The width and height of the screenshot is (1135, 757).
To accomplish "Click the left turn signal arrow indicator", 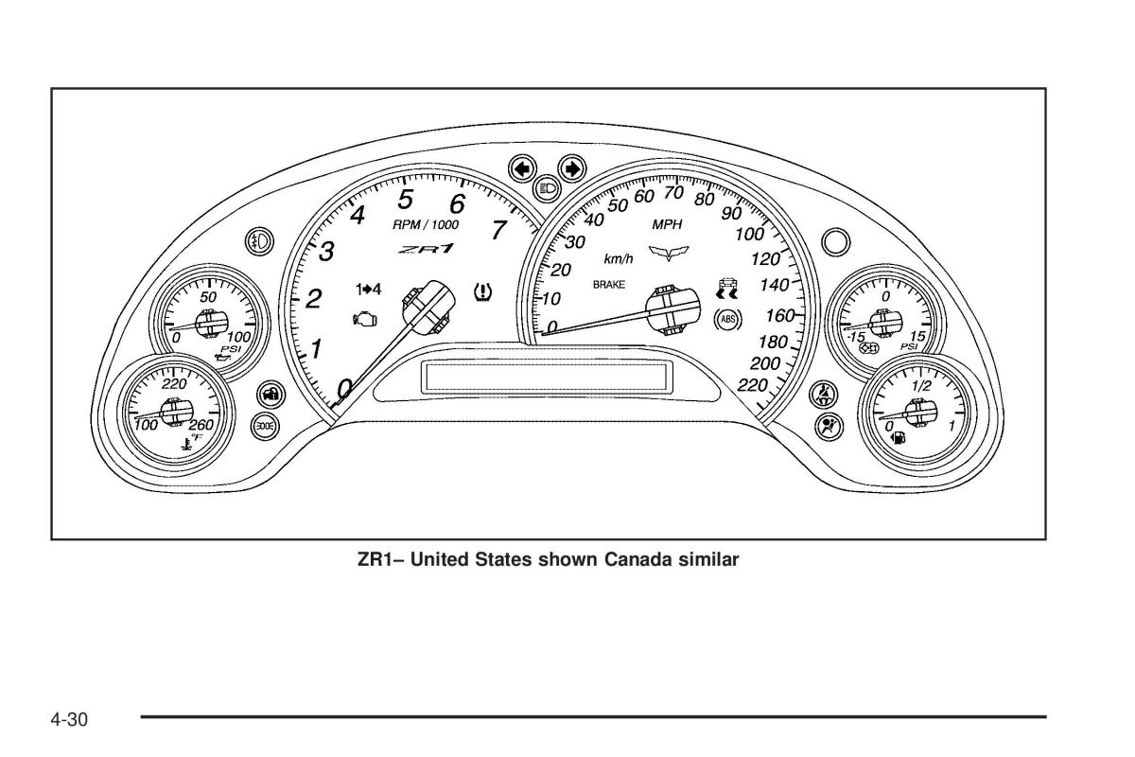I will pyautogui.click(x=521, y=169).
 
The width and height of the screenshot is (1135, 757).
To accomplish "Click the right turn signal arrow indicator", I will pyautogui.click(x=571, y=169).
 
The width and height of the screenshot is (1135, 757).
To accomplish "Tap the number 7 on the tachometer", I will pyautogui.click(x=499, y=230).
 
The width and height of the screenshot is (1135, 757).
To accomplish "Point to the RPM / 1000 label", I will pyautogui.click(x=426, y=225).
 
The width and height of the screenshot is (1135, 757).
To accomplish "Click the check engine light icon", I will pyautogui.click(x=364, y=320).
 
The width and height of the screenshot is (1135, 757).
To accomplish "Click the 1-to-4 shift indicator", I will pyautogui.click(x=369, y=288).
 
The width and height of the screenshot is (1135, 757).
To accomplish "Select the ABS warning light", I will pyautogui.click(x=727, y=320).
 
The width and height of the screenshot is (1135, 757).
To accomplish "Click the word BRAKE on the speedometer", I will pyautogui.click(x=609, y=284).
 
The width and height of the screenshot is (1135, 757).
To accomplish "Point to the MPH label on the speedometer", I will pyautogui.click(x=667, y=224).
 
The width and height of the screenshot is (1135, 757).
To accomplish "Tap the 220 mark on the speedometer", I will pyautogui.click(x=753, y=384).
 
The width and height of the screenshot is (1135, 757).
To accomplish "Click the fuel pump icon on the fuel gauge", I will pyautogui.click(x=898, y=437).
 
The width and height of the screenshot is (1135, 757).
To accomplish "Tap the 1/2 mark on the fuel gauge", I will pyautogui.click(x=920, y=386).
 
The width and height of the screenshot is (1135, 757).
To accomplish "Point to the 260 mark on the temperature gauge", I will pyautogui.click(x=201, y=425).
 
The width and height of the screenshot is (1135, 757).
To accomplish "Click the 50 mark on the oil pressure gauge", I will pyautogui.click(x=208, y=296).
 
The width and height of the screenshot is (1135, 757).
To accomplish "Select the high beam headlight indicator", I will pyautogui.click(x=547, y=188).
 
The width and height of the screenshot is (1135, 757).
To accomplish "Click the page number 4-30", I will pyautogui.click(x=69, y=720).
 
